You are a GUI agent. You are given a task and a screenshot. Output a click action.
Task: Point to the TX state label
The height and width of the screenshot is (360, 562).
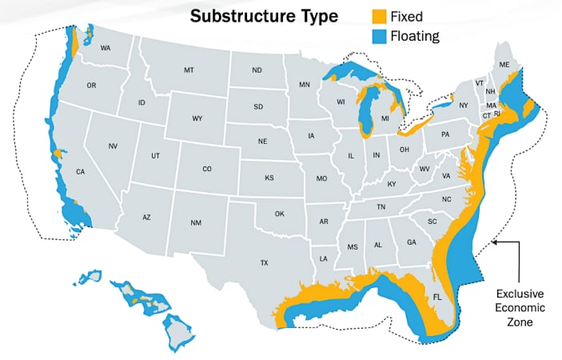tap(264, 262)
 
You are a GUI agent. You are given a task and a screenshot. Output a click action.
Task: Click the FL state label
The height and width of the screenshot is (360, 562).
tap(437, 296)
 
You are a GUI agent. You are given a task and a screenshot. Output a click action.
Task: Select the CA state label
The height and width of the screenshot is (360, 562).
tap(80, 172)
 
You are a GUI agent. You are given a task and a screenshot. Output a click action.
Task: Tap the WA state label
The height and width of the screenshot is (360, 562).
tap(106, 48)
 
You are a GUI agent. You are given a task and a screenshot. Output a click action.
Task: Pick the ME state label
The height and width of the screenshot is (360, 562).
tap(504, 64)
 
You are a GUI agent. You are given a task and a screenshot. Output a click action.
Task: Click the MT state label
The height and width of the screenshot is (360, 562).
tap(189, 70)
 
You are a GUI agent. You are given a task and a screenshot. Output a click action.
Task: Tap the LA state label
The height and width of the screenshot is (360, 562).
tap(324, 258)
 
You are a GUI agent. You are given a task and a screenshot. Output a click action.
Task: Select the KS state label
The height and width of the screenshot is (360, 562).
tap(269, 177)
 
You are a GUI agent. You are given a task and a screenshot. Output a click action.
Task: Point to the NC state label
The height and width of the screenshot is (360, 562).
tap(446, 198)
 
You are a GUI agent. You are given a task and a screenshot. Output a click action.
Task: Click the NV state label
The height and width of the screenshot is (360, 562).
tap(113, 146)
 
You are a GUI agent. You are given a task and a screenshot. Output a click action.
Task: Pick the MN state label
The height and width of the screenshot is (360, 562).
tap(305, 84)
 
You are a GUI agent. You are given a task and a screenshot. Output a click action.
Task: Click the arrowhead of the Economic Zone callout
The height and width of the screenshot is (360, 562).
tap(496, 240)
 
